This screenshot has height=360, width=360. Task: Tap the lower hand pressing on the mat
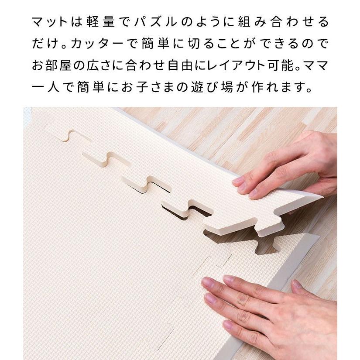click(271, 314)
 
